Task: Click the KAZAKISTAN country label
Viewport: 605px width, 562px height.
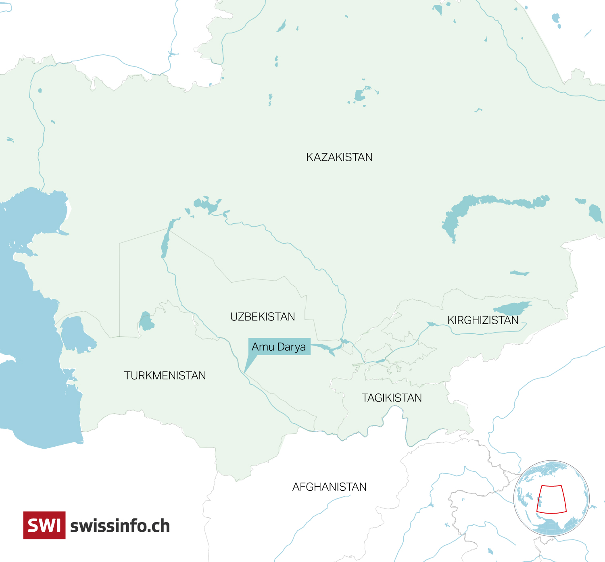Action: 339,157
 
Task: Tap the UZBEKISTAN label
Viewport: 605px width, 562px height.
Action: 263,317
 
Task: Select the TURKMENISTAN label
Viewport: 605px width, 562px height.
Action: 165,376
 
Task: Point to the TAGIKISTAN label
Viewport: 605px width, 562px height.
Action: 392,398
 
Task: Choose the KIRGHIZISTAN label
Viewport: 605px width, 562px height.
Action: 483,320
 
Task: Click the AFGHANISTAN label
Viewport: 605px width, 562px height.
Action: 329,487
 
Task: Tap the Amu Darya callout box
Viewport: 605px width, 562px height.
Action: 279,347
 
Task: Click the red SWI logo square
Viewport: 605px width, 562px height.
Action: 44,525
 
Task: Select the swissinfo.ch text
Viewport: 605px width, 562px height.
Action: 120,526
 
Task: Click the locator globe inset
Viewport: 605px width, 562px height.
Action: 551,498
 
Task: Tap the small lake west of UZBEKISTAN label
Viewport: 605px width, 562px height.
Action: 146,322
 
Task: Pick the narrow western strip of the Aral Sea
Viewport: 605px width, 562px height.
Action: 165,242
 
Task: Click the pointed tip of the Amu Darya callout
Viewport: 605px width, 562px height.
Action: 244,373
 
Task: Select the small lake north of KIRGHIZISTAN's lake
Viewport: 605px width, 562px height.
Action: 519,273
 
